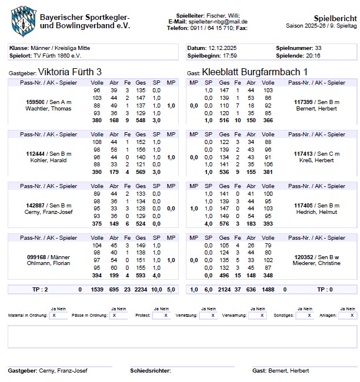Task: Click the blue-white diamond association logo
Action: click(x=23, y=19)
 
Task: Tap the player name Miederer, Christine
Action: click(x=316, y=263)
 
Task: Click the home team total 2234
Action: click(x=141, y=289)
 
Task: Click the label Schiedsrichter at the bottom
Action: click(x=151, y=371)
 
